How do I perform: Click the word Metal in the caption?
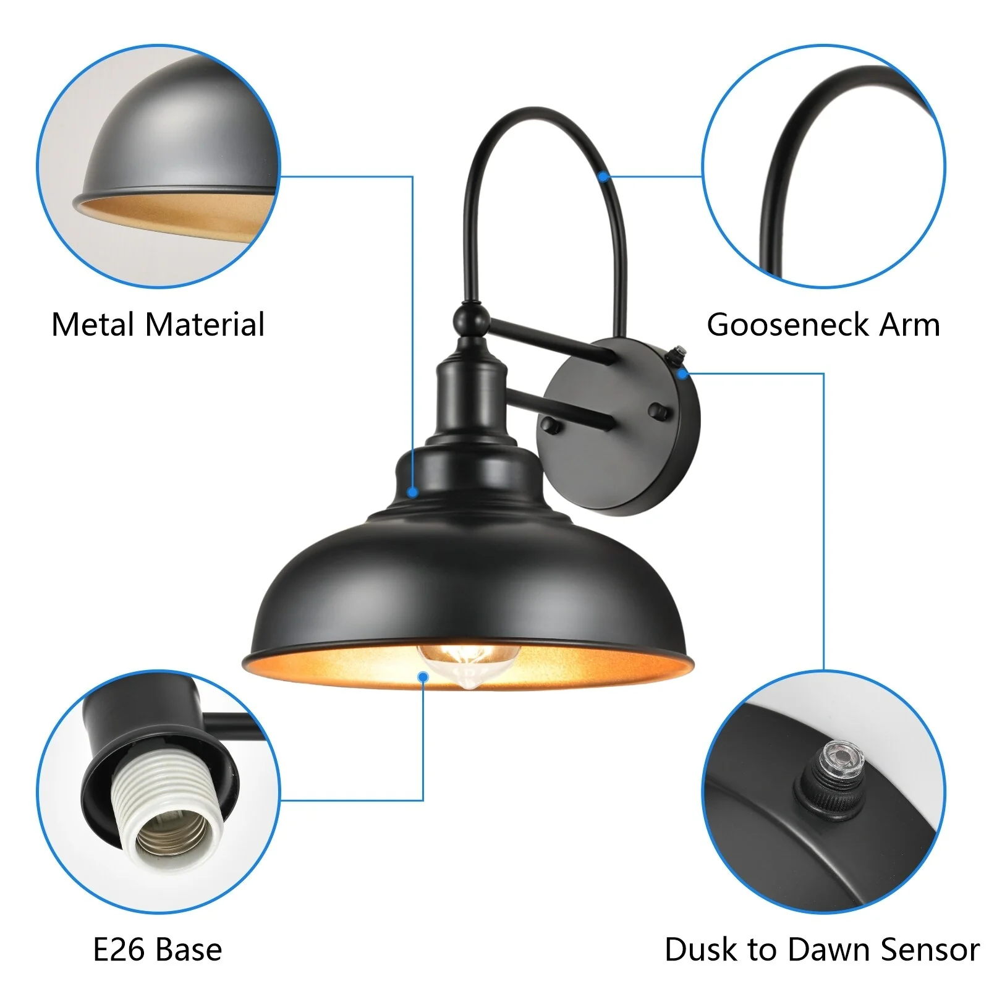coord(93,325)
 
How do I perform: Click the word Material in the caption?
coord(205,325)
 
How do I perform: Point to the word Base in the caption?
coord(189,949)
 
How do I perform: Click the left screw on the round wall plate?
coord(550,425)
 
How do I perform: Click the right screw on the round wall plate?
coord(660,410)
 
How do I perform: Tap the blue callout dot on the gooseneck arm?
coord(604,177)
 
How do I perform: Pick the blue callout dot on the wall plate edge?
coord(682,373)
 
